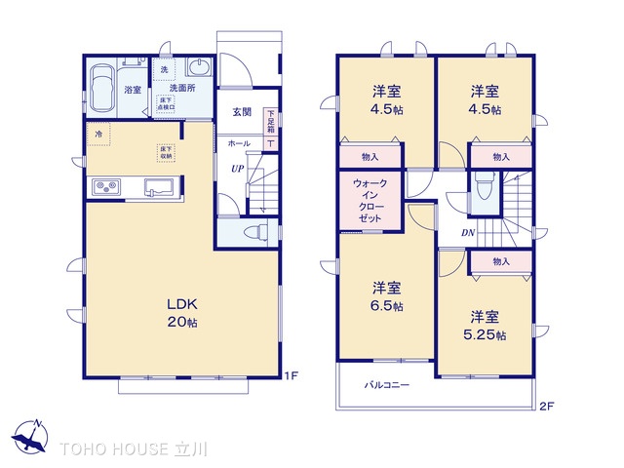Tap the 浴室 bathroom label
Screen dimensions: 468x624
(x=133, y=90)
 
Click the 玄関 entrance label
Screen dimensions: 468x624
(x=242, y=112)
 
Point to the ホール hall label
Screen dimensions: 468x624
(x=238, y=143)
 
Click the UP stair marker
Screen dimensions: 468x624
(x=237, y=168)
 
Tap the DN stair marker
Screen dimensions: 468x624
(x=468, y=233)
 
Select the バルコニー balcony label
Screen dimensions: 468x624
(x=388, y=386)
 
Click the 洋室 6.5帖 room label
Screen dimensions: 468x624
(x=387, y=296)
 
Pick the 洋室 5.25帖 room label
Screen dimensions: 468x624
(x=485, y=326)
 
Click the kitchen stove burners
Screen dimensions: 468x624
(x=105, y=186)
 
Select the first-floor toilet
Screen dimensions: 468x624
(x=251, y=232)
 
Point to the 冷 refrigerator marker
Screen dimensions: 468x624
(x=97, y=133)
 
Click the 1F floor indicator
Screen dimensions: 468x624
(x=291, y=375)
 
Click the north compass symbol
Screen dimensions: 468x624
(x=32, y=436)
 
